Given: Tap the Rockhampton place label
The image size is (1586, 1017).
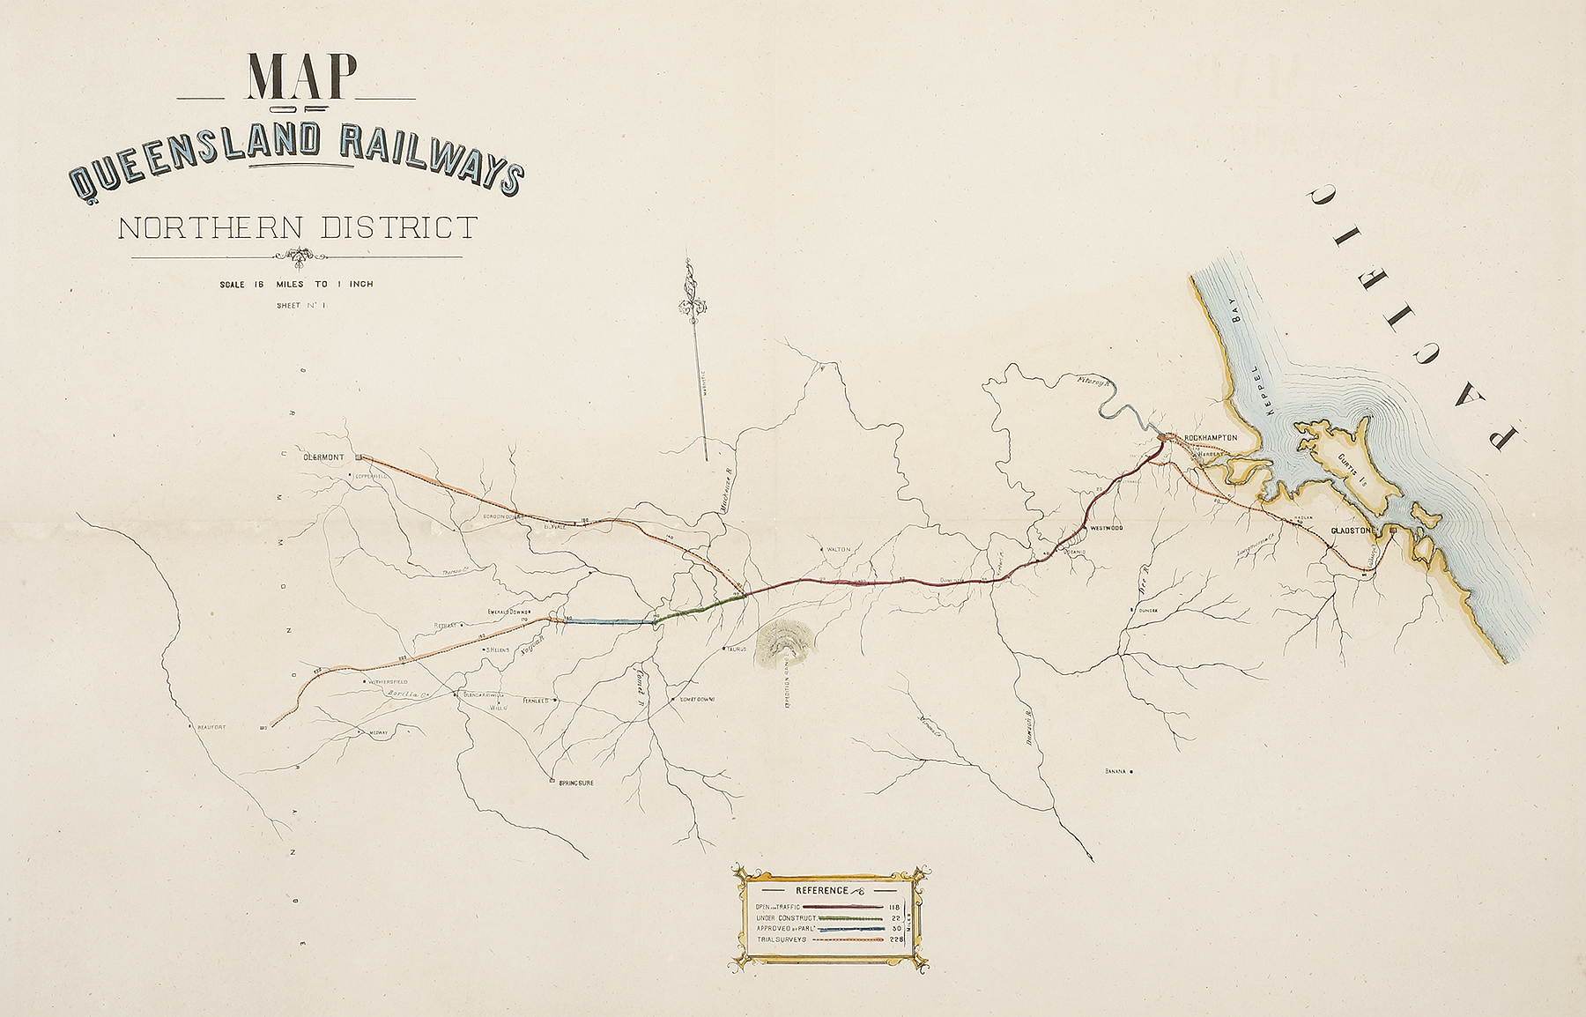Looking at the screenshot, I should point(1211,438).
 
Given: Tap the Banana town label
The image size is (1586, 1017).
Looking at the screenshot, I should point(1116,771).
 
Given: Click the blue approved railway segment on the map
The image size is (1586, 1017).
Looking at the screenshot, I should point(608,621).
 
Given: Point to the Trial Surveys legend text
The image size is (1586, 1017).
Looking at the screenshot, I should point(780,939).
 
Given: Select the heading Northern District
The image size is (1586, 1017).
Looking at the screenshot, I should point(297,228).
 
